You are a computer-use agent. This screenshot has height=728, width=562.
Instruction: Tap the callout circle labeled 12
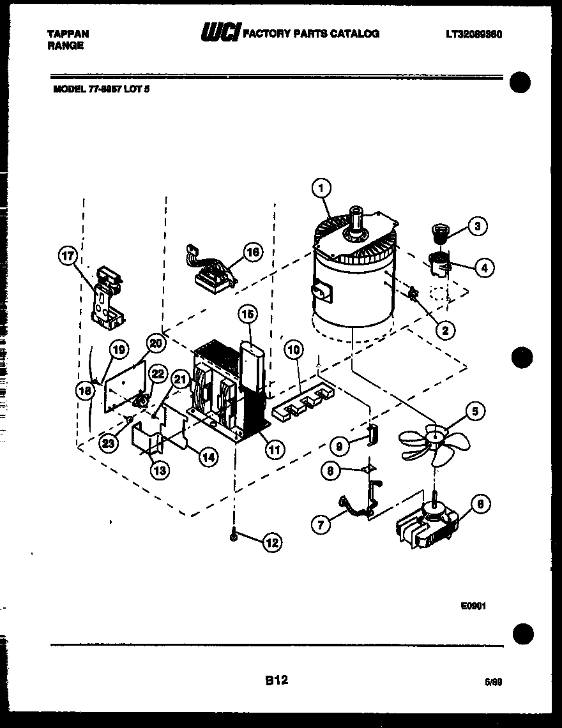(272, 543)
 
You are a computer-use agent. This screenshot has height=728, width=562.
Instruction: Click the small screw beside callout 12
(235, 538)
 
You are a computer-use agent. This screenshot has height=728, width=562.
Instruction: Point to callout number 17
(68, 257)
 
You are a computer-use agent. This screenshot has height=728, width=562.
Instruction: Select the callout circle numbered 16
(254, 252)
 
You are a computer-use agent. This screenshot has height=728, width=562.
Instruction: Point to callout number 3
(477, 225)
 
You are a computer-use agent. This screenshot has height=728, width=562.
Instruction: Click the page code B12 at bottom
(277, 681)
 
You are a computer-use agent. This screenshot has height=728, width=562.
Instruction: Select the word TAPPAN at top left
(68, 34)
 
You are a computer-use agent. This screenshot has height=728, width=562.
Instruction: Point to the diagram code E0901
(473, 607)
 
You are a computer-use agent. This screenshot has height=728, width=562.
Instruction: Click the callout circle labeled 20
(156, 343)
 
